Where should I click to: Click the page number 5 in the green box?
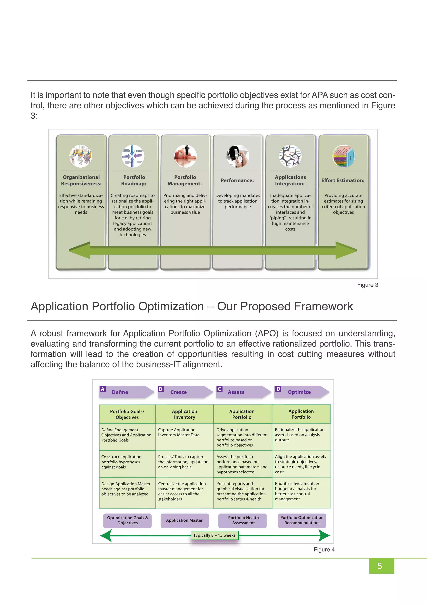point(379,566)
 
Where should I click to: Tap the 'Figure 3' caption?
point(367,285)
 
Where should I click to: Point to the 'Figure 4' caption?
point(324,549)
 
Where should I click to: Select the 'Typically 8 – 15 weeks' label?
point(214,535)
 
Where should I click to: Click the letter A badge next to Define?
point(103,389)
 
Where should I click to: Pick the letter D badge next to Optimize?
point(278,389)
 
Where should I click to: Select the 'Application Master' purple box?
point(184,520)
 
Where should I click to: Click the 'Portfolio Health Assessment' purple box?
point(243,520)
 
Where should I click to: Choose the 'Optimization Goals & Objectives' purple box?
point(128,520)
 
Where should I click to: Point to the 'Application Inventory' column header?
point(184,414)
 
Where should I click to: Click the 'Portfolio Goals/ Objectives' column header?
point(127,414)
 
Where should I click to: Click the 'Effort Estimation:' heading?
point(343,180)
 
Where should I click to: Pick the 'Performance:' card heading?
point(237,180)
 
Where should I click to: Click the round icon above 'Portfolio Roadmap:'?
point(133,156)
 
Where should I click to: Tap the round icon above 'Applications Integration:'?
point(290,156)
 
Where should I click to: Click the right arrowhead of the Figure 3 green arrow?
point(347,250)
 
